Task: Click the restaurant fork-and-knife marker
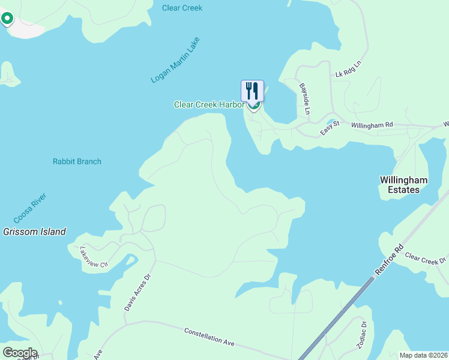click(x=253, y=91)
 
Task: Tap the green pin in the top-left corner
click(x=7, y=19)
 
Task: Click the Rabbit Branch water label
click(x=77, y=161)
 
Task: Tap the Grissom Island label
click(x=34, y=232)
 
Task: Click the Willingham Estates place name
click(x=403, y=184)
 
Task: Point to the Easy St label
click(x=330, y=127)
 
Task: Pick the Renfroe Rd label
click(x=390, y=260)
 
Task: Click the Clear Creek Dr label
click(x=426, y=258)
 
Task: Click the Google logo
click(x=19, y=353)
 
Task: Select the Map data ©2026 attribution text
click(x=423, y=355)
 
